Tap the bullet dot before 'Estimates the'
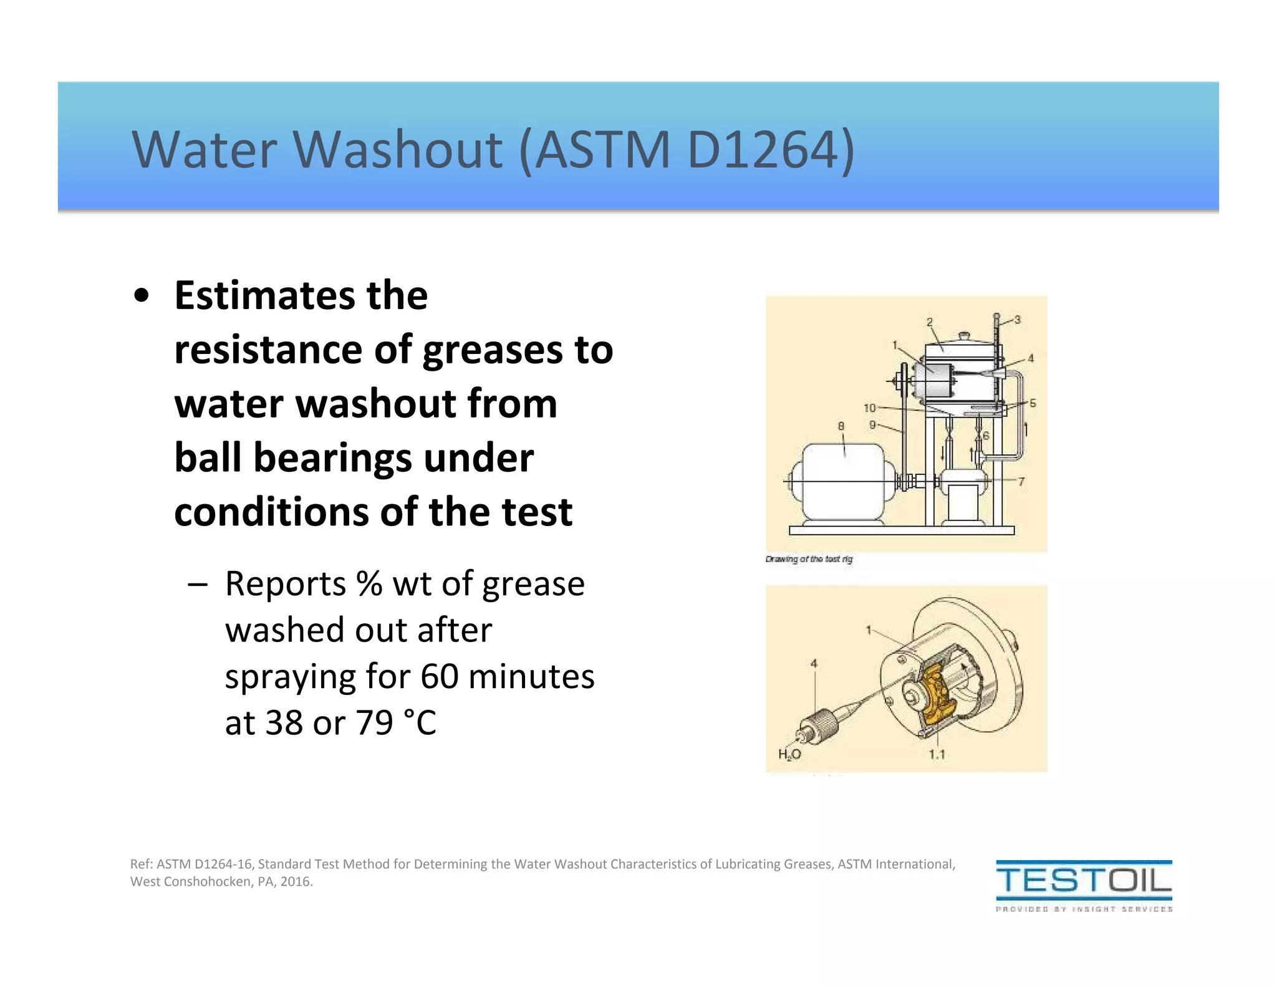click(142, 296)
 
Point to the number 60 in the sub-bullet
click(440, 676)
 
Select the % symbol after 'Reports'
click(369, 584)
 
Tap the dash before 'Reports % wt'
click(197, 585)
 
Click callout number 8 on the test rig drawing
click(841, 426)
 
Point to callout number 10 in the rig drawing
click(870, 408)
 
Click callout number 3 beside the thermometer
click(1017, 320)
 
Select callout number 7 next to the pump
click(1021, 481)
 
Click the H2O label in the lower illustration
click(789, 754)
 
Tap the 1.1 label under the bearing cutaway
click(937, 754)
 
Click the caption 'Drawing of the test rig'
click(809, 559)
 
